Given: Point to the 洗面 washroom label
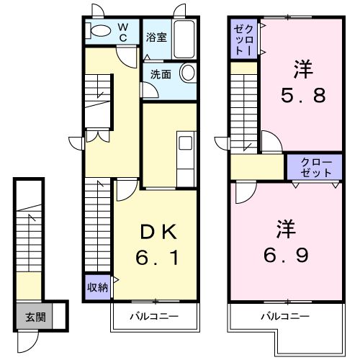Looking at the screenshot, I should (161, 73).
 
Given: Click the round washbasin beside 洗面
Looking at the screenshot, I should (187, 73).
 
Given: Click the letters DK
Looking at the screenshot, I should (157, 233).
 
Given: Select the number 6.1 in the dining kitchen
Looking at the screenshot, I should (157, 256).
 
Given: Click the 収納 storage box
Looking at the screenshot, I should (98, 287).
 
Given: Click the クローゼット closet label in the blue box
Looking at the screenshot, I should (313, 168).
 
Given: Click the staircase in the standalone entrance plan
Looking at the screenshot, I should (29, 238).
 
